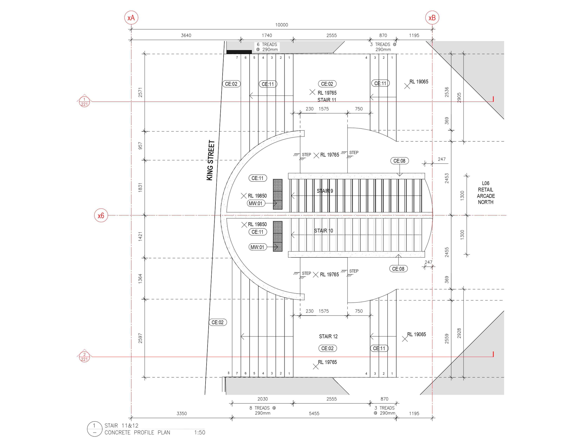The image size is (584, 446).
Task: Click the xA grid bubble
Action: tap(131, 18)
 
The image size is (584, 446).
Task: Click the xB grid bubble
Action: tap(432, 18)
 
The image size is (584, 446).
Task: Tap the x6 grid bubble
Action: tap(101, 215)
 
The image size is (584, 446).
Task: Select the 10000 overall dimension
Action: tap(281, 25)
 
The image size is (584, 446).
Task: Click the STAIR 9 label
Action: tap(325, 191)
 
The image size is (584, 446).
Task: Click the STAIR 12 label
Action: tap(328, 336)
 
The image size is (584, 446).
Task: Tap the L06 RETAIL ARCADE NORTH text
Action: tap(485, 193)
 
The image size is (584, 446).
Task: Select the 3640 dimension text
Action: tap(186, 35)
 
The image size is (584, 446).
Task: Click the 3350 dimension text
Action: tap(182, 413)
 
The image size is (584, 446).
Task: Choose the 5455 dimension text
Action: tap(314, 413)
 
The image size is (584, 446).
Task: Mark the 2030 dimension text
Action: tap(262, 399)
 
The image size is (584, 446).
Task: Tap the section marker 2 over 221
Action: tap(84, 357)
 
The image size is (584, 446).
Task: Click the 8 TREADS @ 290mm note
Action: tap(262, 410)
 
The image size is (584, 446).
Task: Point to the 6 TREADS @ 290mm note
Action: tap(267, 47)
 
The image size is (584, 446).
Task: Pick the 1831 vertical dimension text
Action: tap(140, 187)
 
